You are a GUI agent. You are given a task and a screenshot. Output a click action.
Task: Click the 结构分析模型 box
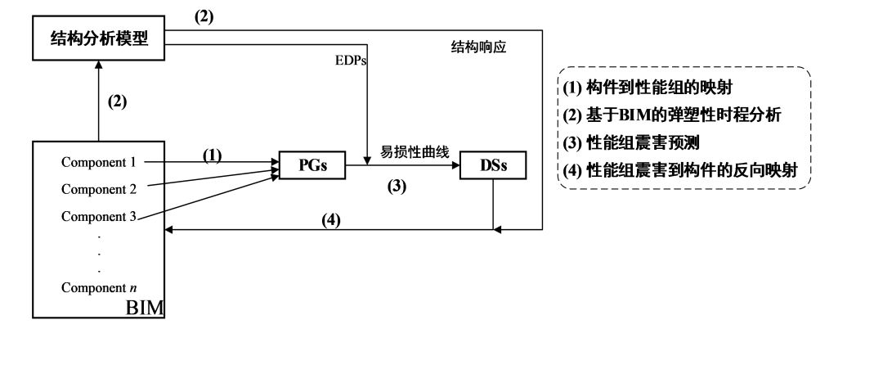tap(98, 39)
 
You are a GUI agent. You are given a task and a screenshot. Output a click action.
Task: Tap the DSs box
tap(492, 167)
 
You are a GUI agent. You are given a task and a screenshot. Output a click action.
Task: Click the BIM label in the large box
tap(145, 308)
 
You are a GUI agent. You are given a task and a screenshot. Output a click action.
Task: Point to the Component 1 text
tap(99, 162)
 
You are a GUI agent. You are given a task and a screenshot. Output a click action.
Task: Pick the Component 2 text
tap(99, 189)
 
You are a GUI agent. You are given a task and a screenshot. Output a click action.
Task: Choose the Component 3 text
tap(99, 216)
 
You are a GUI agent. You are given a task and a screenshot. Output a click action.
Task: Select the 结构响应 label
tap(479, 47)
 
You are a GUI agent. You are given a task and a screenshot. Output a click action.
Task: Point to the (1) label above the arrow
tap(213, 153)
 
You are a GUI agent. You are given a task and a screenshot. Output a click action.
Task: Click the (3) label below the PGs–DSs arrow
tap(397, 185)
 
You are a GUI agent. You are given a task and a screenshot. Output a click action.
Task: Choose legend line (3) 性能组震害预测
tap(642, 142)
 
